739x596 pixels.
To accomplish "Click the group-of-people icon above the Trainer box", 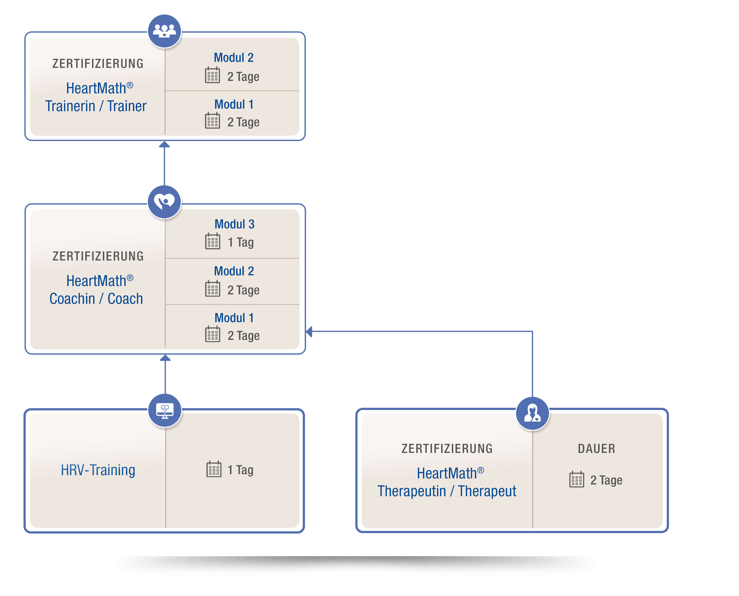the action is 164,31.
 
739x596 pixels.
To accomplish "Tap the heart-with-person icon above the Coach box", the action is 164,202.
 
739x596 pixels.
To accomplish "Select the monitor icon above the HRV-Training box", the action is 165,410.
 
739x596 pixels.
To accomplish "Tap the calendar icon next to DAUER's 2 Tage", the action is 577,479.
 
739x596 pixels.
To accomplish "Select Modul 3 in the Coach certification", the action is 234,224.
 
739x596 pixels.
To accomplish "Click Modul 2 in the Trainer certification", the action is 234,58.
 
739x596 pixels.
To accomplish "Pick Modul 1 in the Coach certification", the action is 234,318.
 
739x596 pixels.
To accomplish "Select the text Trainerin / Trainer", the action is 96,106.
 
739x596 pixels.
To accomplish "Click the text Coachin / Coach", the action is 96,299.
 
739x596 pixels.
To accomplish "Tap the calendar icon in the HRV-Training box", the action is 214,469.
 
